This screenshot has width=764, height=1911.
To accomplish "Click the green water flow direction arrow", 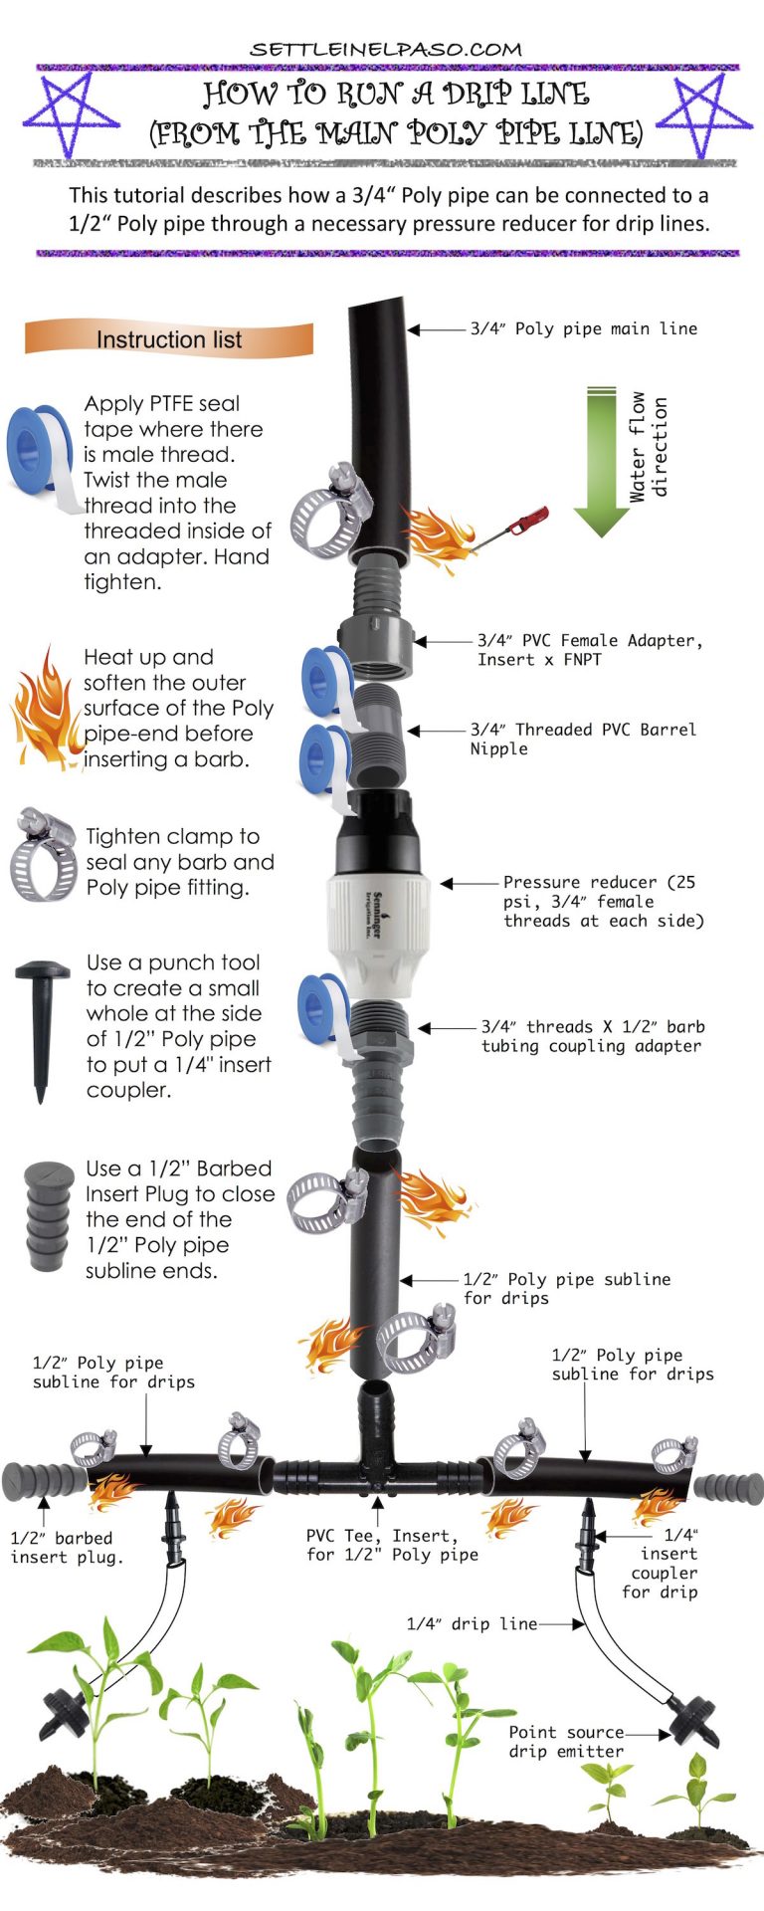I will pos(602,458).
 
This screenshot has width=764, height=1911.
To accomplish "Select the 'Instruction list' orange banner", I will pos(169,339).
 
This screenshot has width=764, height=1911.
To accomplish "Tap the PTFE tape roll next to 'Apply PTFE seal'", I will pos(42,453).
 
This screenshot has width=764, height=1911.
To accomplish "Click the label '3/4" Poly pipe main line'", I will pos(583,328).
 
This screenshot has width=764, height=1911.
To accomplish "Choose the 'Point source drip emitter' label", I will pos(566,1742).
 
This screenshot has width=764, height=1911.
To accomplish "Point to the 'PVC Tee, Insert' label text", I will pos(391,1545).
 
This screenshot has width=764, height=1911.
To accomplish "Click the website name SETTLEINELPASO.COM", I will pos(385,49).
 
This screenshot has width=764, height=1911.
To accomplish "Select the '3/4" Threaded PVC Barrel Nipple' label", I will pos(583,739).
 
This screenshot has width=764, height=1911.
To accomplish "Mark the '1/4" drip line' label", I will pos(472,1623).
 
